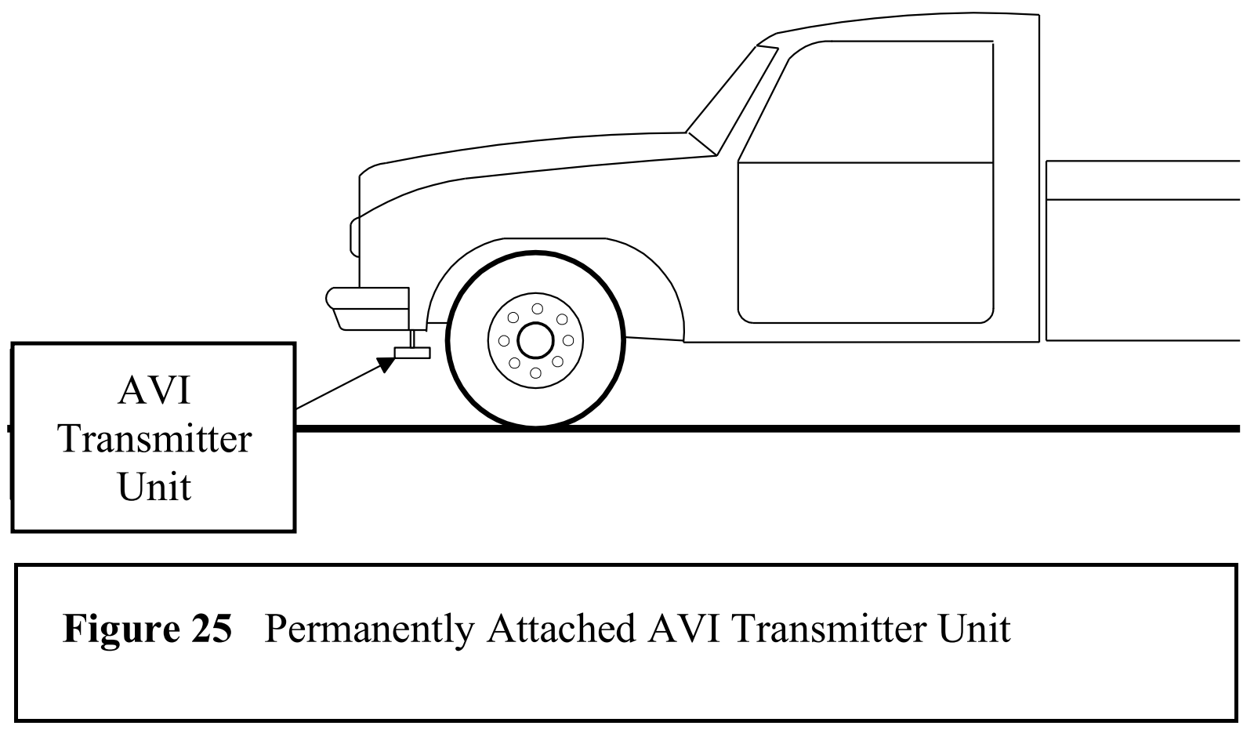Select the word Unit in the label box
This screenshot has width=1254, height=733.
[154, 486]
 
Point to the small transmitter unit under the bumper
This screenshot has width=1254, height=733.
[412, 352]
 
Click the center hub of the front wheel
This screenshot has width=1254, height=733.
[535, 340]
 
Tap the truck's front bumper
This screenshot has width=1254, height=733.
[367, 307]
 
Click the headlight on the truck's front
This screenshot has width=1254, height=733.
[354, 238]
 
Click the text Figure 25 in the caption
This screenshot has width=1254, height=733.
[147, 628]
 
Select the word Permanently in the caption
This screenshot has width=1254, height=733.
[369, 629]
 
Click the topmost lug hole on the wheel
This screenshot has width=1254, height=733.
[535, 307]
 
